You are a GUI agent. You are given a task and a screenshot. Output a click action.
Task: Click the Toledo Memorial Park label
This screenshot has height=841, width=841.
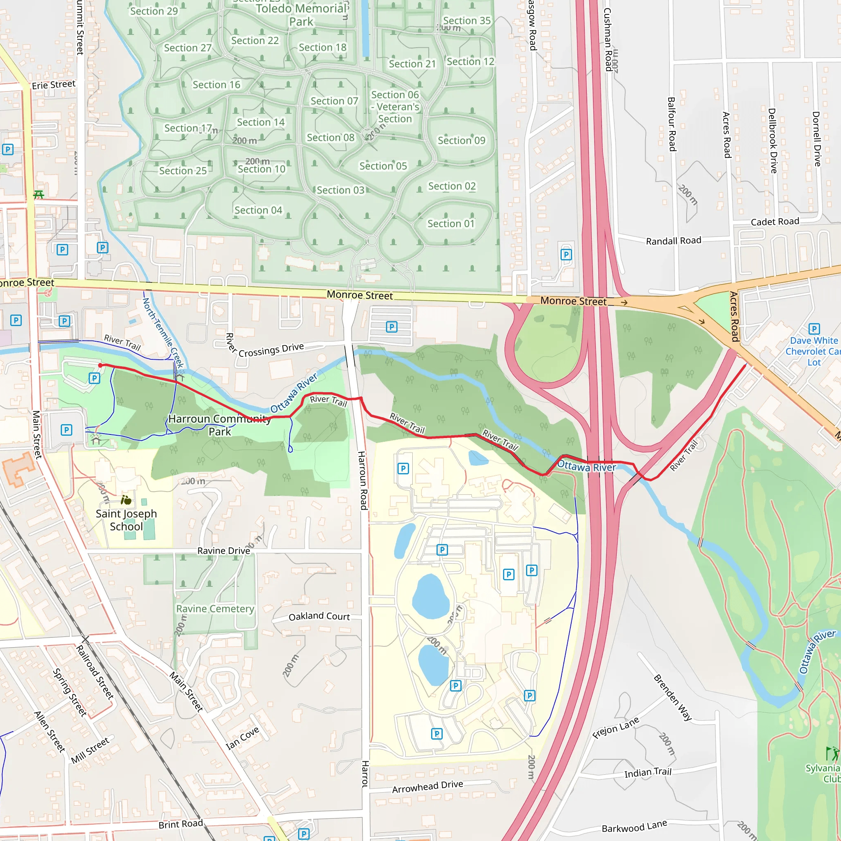(x=302, y=15)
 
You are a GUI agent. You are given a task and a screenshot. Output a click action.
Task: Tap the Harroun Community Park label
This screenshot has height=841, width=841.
(x=219, y=425)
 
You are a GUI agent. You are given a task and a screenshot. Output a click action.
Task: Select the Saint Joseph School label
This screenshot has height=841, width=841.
(x=126, y=520)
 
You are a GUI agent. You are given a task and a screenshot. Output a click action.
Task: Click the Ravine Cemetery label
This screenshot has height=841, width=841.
(x=215, y=609)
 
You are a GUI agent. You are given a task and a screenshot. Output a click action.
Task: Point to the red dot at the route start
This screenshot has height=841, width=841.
(x=101, y=365)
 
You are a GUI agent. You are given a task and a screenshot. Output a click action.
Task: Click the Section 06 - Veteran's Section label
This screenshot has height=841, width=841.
(x=395, y=107)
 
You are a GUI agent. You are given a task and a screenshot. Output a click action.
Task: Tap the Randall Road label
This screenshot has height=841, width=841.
(x=673, y=241)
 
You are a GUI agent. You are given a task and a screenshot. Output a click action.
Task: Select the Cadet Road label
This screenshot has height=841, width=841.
(x=775, y=222)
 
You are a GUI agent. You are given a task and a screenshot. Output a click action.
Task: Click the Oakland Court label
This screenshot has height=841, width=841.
(x=319, y=616)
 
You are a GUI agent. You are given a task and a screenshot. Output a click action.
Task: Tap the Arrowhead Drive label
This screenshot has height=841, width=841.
(x=427, y=786)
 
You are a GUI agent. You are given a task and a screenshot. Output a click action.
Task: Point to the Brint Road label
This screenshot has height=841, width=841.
(x=181, y=824)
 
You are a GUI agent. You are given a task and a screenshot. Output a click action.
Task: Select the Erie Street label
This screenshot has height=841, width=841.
(x=53, y=85)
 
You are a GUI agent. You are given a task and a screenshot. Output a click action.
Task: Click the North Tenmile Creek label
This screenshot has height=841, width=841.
(x=163, y=333)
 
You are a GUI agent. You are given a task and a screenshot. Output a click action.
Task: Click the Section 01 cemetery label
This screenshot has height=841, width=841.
(x=450, y=224)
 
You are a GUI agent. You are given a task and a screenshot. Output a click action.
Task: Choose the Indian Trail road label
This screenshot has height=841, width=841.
(x=648, y=773)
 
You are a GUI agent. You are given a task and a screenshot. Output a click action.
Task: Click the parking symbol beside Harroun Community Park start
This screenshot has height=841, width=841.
(x=94, y=378)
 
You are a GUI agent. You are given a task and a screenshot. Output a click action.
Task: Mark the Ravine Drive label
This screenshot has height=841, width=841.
(x=224, y=551)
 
